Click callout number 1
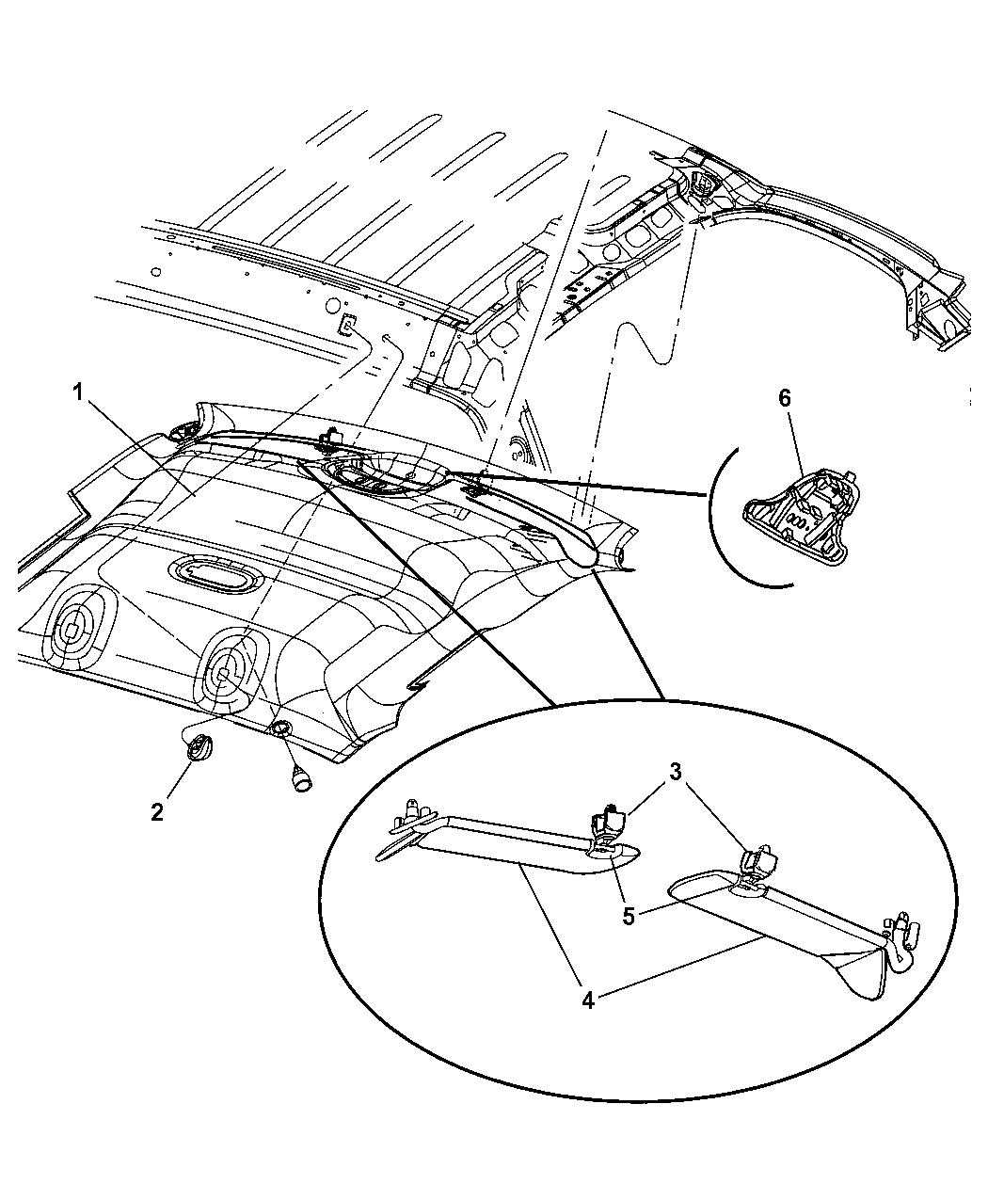(78, 393)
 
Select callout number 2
(156, 811)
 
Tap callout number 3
(676, 772)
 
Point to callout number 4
(588, 1001)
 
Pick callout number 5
(629, 916)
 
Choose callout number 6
(785, 398)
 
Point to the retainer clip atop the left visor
(605, 824)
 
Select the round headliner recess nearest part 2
(229, 672)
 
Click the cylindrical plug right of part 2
(302, 778)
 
